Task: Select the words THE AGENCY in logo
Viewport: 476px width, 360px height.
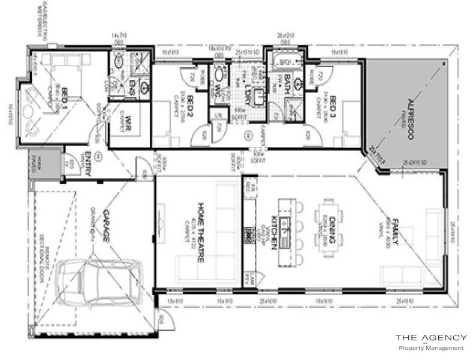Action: (x=430, y=338)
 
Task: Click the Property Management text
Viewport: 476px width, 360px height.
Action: (x=431, y=348)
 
